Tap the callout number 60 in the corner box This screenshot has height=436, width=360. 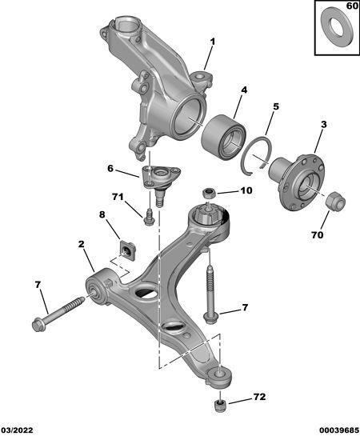point(352,6)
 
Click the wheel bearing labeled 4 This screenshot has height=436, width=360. point(223,137)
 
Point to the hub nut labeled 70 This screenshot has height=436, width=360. point(335,201)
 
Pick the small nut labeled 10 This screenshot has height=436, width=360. point(210,193)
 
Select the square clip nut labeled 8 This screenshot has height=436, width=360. point(128,250)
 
